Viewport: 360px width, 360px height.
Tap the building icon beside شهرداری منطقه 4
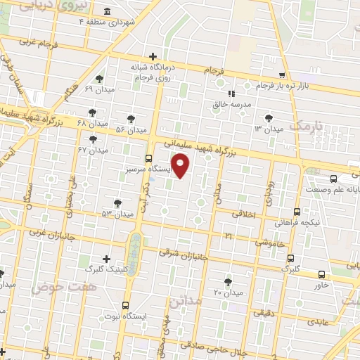[106, 11]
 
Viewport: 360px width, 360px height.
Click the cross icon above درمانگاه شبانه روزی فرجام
[153, 56]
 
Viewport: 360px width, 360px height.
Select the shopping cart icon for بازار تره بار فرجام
[282, 75]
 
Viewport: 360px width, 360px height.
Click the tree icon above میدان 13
[267, 117]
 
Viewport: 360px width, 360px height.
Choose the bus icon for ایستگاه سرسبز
[148, 158]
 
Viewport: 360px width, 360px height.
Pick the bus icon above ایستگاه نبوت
[125, 305]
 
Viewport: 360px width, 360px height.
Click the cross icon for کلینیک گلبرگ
[106, 258]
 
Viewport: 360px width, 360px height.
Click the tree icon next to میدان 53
[117, 202]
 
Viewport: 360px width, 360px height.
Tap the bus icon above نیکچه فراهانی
[297, 211]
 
